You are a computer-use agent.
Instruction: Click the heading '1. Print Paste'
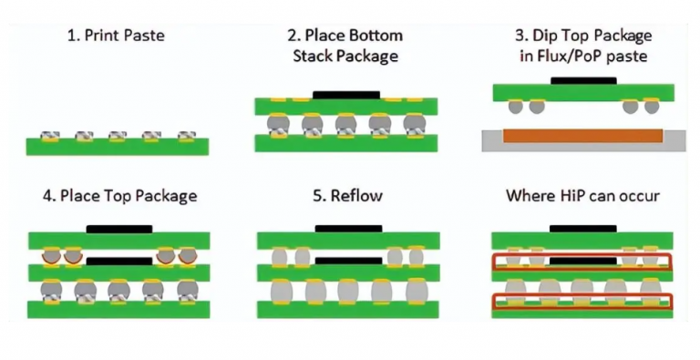tap(117, 37)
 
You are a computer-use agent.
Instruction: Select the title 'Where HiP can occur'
tap(582, 196)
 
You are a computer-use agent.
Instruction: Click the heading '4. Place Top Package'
tap(118, 196)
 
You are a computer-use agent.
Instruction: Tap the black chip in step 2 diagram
tap(345, 94)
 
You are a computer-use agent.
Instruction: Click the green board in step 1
tap(118, 147)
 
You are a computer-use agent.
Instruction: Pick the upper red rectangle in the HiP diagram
tap(582, 263)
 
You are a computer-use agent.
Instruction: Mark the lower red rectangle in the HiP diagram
tap(582, 302)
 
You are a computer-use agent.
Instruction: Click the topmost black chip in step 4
tap(118, 228)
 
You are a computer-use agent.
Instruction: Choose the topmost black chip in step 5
tap(347, 228)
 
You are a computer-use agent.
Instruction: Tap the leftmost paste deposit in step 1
tap(50, 137)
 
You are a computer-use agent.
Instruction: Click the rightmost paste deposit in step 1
tap(187, 137)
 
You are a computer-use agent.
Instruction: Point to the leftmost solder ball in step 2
tap(276, 125)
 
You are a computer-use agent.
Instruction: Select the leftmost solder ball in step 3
tap(515, 107)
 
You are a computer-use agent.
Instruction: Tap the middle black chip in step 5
tap(347, 262)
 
